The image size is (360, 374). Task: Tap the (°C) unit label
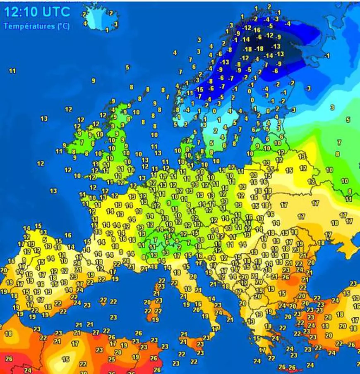63,26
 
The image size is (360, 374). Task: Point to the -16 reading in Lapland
257,30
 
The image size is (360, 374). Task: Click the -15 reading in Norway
199,90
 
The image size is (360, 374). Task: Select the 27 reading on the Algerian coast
96,332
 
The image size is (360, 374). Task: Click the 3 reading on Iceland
115,24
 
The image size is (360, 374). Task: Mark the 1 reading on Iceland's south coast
107,30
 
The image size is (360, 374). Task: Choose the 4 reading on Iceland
85,24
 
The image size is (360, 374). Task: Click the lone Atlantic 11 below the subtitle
12,71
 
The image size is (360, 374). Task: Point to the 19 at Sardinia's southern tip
156,319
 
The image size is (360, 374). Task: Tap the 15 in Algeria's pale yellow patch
65,359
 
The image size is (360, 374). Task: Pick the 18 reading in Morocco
8,333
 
